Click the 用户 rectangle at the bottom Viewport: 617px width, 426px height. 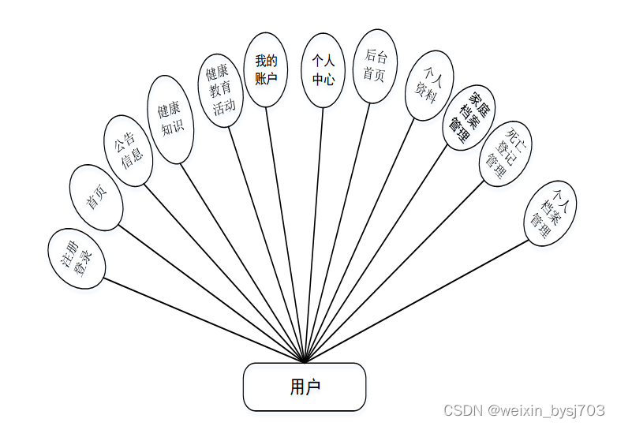[304, 387]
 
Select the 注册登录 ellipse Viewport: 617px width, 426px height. [77, 258]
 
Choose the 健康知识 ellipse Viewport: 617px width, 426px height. [170, 119]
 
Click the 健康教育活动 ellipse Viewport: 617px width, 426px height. [221, 90]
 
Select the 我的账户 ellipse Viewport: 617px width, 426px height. [266, 69]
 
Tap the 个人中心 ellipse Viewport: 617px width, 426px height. [323, 69]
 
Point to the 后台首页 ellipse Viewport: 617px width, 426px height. [374, 66]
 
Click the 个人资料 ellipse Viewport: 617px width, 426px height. [428, 85]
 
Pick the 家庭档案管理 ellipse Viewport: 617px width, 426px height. [469, 118]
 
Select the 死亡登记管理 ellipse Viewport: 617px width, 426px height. [505, 153]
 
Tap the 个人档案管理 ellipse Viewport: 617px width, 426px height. [551, 212]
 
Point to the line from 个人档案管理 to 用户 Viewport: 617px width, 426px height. [418, 300]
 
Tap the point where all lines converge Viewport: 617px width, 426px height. [304, 362]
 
